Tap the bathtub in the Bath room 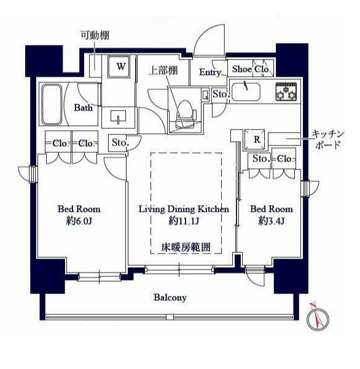pyautogui.click(x=52, y=105)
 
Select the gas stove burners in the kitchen pyautogui.click(x=286, y=91)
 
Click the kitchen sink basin pyautogui.click(x=246, y=91)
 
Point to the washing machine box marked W pyautogui.click(x=119, y=66)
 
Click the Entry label pyautogui.click(x=210, y=72)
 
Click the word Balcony pyautogui.click(x=170, y=297)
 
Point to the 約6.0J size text pyautogui.click(x=79, y=221)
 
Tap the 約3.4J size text pyautogui.click(x=272, y=221)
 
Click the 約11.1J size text pyautogui.click(x=184, y=221)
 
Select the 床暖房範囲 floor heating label pyautogui.click(x=186, y=247)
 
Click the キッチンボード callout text pyautogui.click(x=328, y=139)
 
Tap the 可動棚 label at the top pyautogui.click(x=95, y=36)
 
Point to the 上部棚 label pyautogui.click(x=163, y=71)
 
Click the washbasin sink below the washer pyautogui.click(x=118, y=116)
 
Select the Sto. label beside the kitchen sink pyautogui.click(x=221, y=94)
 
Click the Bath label pyautogui.click(x=84, y=107)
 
